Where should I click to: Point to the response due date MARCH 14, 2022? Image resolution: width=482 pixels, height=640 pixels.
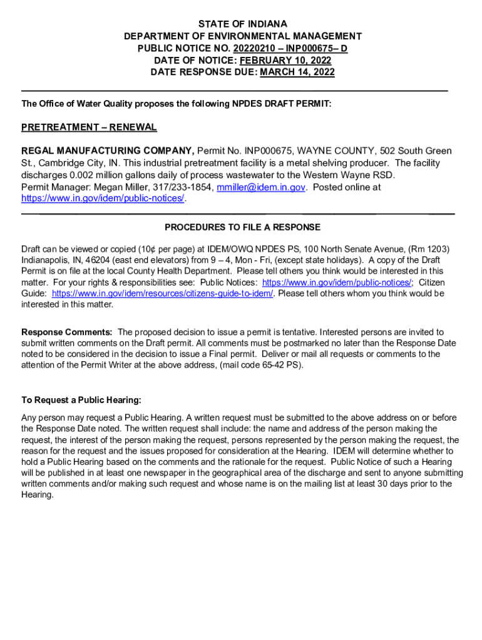coord(297,72)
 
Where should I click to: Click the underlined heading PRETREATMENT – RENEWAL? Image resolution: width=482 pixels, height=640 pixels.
coord(89,127)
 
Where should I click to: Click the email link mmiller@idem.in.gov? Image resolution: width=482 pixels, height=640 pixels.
coord(261,187)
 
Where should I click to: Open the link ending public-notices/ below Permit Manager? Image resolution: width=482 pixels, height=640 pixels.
coord(103,198)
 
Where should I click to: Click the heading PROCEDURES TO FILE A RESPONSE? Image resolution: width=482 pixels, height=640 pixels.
coord(242,227)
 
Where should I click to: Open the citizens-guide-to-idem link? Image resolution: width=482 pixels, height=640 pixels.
coord(162,293)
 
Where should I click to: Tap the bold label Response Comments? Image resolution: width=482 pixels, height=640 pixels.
coord(67,332)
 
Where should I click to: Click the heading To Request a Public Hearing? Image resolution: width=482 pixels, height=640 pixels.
coord(81,400)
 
